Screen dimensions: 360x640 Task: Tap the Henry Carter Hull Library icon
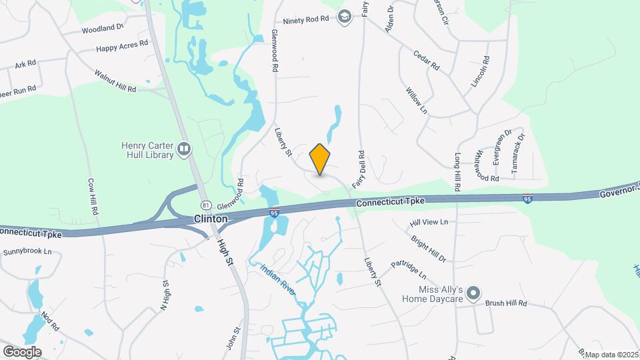pyautogui.click(x=185, y=150)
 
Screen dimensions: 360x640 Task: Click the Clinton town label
pyautogui.click(x=211, y=219)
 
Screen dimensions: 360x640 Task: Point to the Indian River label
pyautogui.click(x=278, y=281)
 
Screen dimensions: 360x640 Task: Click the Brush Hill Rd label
pyautogui.click(x=506, y=303)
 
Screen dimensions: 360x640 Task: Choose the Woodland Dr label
pyautogui.click(x=103, y=29)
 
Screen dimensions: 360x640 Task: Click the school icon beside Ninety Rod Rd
pyautogui.click(x=345, y=17)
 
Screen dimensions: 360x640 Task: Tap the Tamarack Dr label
pyautogui.click(x=518, y=154)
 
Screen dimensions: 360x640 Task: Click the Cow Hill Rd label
pyautogui.click(x=93, y=196)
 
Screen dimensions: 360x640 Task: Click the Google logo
pyautogui.click(x=23, y=351)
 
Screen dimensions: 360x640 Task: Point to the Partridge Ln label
pyautogui.click(x=409, y=269)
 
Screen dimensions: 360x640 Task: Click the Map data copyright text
pyautogui.click(x=612, y=355)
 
